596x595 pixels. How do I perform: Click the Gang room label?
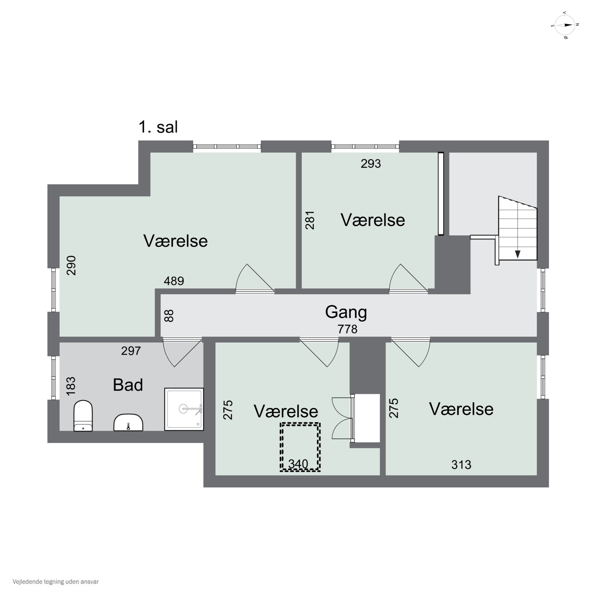346,312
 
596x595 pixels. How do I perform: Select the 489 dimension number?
174,281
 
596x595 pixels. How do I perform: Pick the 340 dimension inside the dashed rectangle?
298,464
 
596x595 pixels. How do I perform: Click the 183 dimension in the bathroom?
71,386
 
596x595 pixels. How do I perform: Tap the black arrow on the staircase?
518,254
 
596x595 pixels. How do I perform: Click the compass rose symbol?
565,25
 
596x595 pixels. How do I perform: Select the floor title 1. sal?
158,127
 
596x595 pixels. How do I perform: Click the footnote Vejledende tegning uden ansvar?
56,582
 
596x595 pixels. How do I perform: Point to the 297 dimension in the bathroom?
131,351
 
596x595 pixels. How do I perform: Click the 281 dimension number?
310,220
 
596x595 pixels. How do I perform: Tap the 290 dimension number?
72,265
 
